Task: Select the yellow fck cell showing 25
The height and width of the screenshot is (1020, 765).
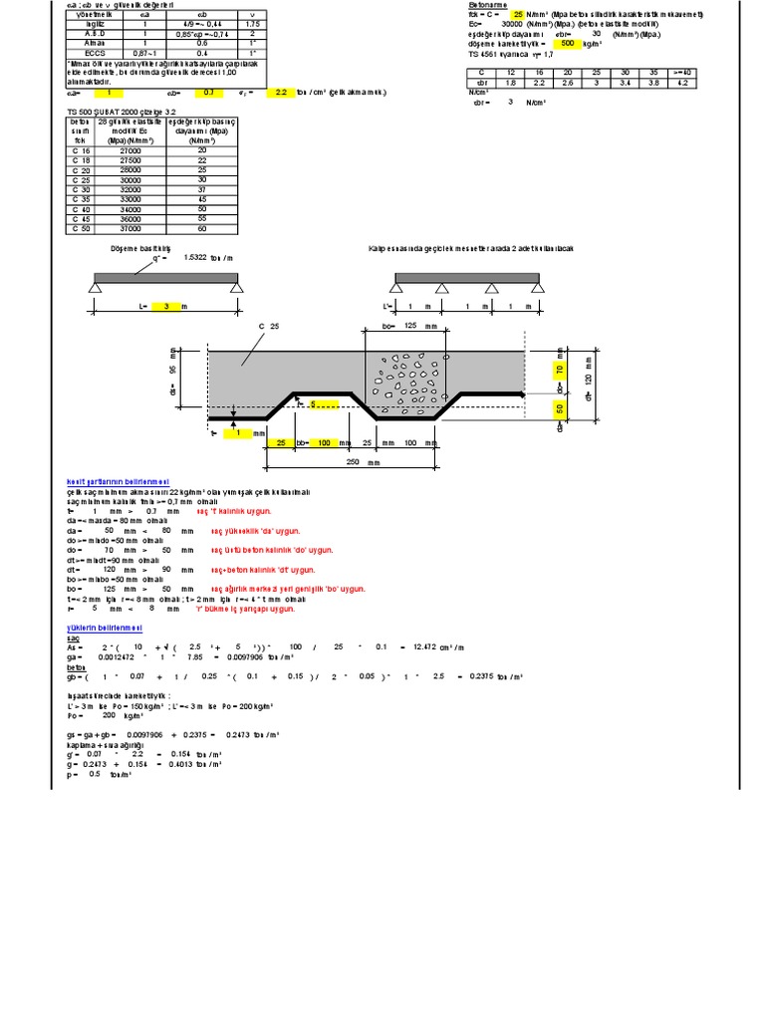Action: [x=517, y=16]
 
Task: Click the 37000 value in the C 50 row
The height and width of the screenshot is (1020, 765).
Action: [x=116, y=227]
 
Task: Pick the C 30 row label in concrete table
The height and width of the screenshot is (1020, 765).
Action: [x=82, y=187]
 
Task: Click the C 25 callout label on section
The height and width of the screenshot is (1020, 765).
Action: [x=267, y=327]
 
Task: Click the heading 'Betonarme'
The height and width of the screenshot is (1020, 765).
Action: [x=487, y=4]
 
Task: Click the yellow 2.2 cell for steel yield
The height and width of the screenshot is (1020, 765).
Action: [x=282, y=92]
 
